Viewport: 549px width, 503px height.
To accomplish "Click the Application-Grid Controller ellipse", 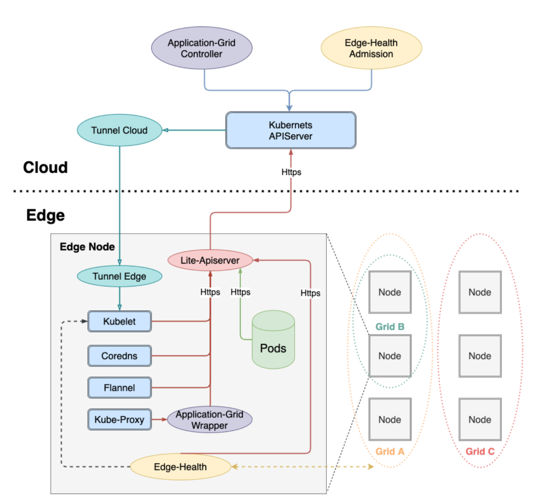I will (x=202, y=48).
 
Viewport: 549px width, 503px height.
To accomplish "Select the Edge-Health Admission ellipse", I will (x=371, y=48).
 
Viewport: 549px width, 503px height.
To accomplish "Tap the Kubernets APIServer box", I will (x=291, y=130).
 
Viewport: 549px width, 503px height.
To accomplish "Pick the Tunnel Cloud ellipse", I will (x=119, y=130).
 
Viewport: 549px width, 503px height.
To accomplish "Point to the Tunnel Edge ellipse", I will (x=119, y=277).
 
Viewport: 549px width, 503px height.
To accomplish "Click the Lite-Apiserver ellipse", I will (x=210, y=261).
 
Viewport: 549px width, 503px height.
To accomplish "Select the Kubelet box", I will (x=119, y=321).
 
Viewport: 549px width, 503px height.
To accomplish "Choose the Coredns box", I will (x=119, y=355).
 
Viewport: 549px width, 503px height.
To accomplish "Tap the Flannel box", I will (x=119, y=388).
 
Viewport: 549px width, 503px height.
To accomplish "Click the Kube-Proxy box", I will (x=119, y=420).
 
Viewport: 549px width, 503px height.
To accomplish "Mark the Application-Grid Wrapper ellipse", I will (x=209, y=420).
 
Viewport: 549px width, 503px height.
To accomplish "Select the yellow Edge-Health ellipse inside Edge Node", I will (x=180, y=466).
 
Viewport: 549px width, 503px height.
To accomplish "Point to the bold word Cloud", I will (x=45, y=168).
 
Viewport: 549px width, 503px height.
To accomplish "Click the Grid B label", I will (x=390, y=327).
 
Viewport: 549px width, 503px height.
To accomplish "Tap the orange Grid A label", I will (x=390, y=451).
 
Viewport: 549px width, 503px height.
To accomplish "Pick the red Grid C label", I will (x=480, y=451).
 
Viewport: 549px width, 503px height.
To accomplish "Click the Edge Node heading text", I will (x=87, y=247).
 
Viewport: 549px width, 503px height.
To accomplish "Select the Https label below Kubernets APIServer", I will (x=291, y=172).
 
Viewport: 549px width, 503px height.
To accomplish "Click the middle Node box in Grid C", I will (x=480, y=356).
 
